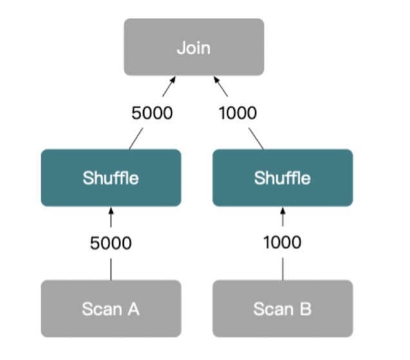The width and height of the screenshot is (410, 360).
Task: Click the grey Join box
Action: (x=193, y=47)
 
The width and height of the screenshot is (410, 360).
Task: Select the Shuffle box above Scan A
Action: (x=111, y=178)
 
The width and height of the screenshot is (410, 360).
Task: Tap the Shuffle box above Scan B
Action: (x=282, y=178)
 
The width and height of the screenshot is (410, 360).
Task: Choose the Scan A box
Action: (x=111, y=308)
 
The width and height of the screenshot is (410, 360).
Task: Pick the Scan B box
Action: (x=282, y=308)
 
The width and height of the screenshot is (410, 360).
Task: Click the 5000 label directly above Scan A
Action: (x=110, y=243)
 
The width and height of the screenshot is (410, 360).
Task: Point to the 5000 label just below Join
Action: (x=152, y=113)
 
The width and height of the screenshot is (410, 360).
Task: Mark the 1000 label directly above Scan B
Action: (x=282, y=243)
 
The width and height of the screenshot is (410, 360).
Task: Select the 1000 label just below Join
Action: (x=238, y=113)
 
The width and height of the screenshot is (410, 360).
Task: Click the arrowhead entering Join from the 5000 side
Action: (x=172, y=80)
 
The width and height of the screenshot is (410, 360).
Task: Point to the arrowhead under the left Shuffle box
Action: (x=111, y=211)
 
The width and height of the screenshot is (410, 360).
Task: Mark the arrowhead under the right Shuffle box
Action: (x=282, y=211)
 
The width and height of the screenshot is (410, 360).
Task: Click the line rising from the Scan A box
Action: (x=111, y=269)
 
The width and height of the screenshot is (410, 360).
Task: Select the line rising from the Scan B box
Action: (x=282, y=269)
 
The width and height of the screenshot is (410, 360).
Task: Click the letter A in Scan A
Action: (x=133, y=309)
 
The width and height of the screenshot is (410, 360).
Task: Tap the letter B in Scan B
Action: (x=305, y=309)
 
